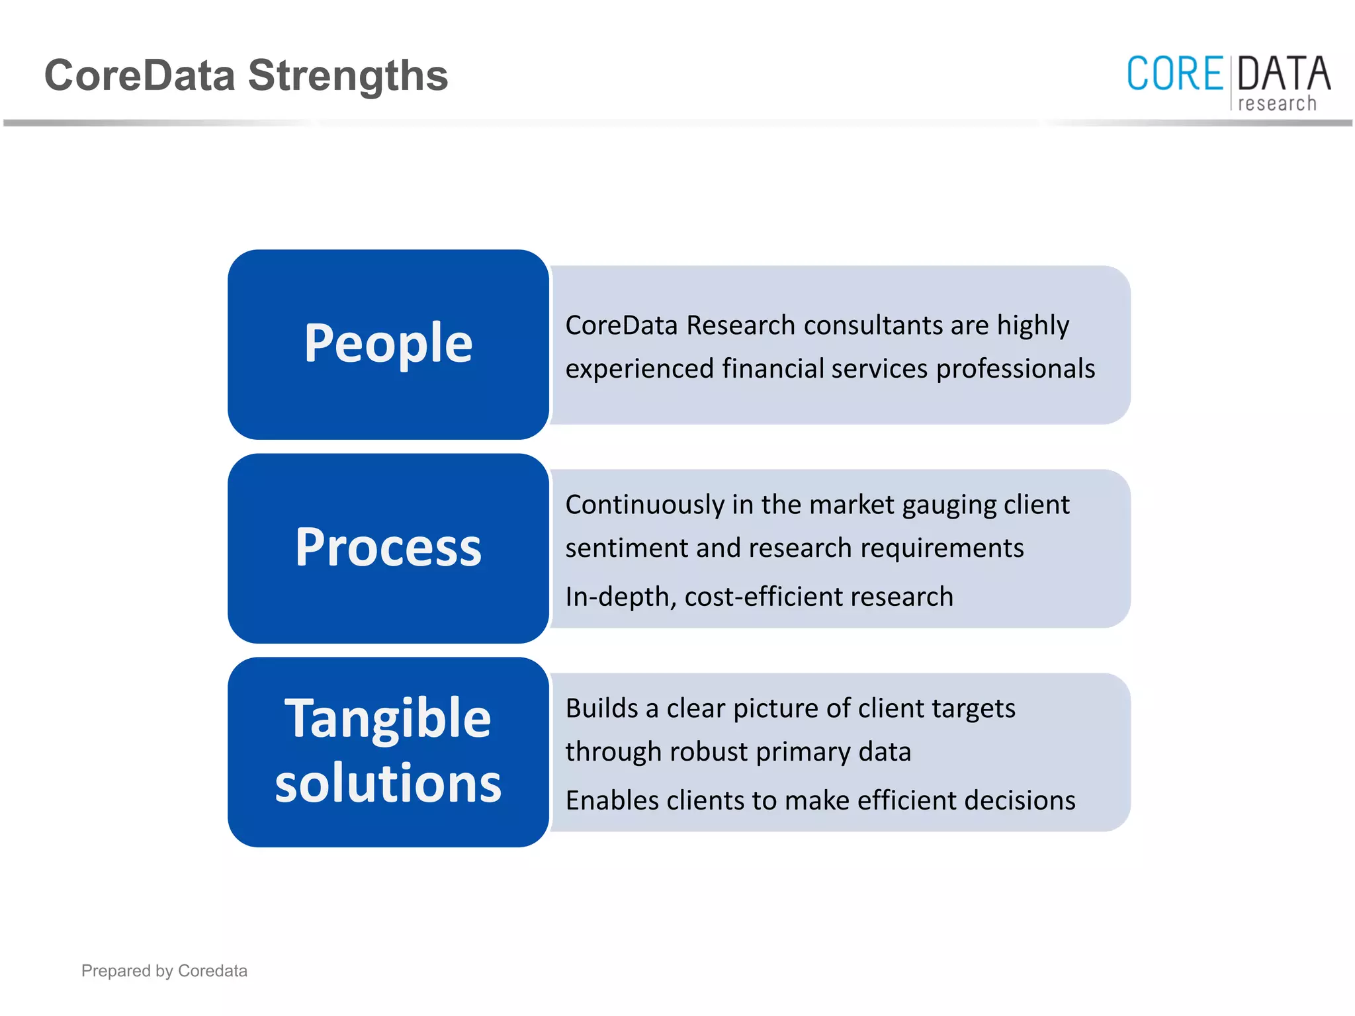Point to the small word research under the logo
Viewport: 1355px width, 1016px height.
(x=1277, y=104)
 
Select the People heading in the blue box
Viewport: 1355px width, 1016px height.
(x=388, y=343)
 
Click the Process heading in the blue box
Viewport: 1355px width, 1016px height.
(x=388, y=548)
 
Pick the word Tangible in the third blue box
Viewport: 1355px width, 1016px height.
(x=388, y=718)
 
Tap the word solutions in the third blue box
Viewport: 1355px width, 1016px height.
(x=388, y=783)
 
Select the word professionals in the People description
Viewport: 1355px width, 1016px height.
(x=1016, y=369)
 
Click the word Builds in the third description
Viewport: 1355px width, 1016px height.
(x=601, y=708)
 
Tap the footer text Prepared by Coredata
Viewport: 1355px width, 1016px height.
(x=164, y=970)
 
